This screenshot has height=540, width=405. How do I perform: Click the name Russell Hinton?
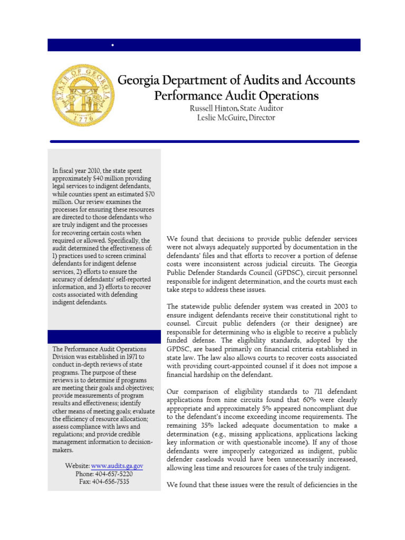pos(209,108)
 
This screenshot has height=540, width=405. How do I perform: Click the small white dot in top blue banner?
pos(113,46)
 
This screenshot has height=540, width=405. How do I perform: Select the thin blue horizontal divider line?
pos(205,141)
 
